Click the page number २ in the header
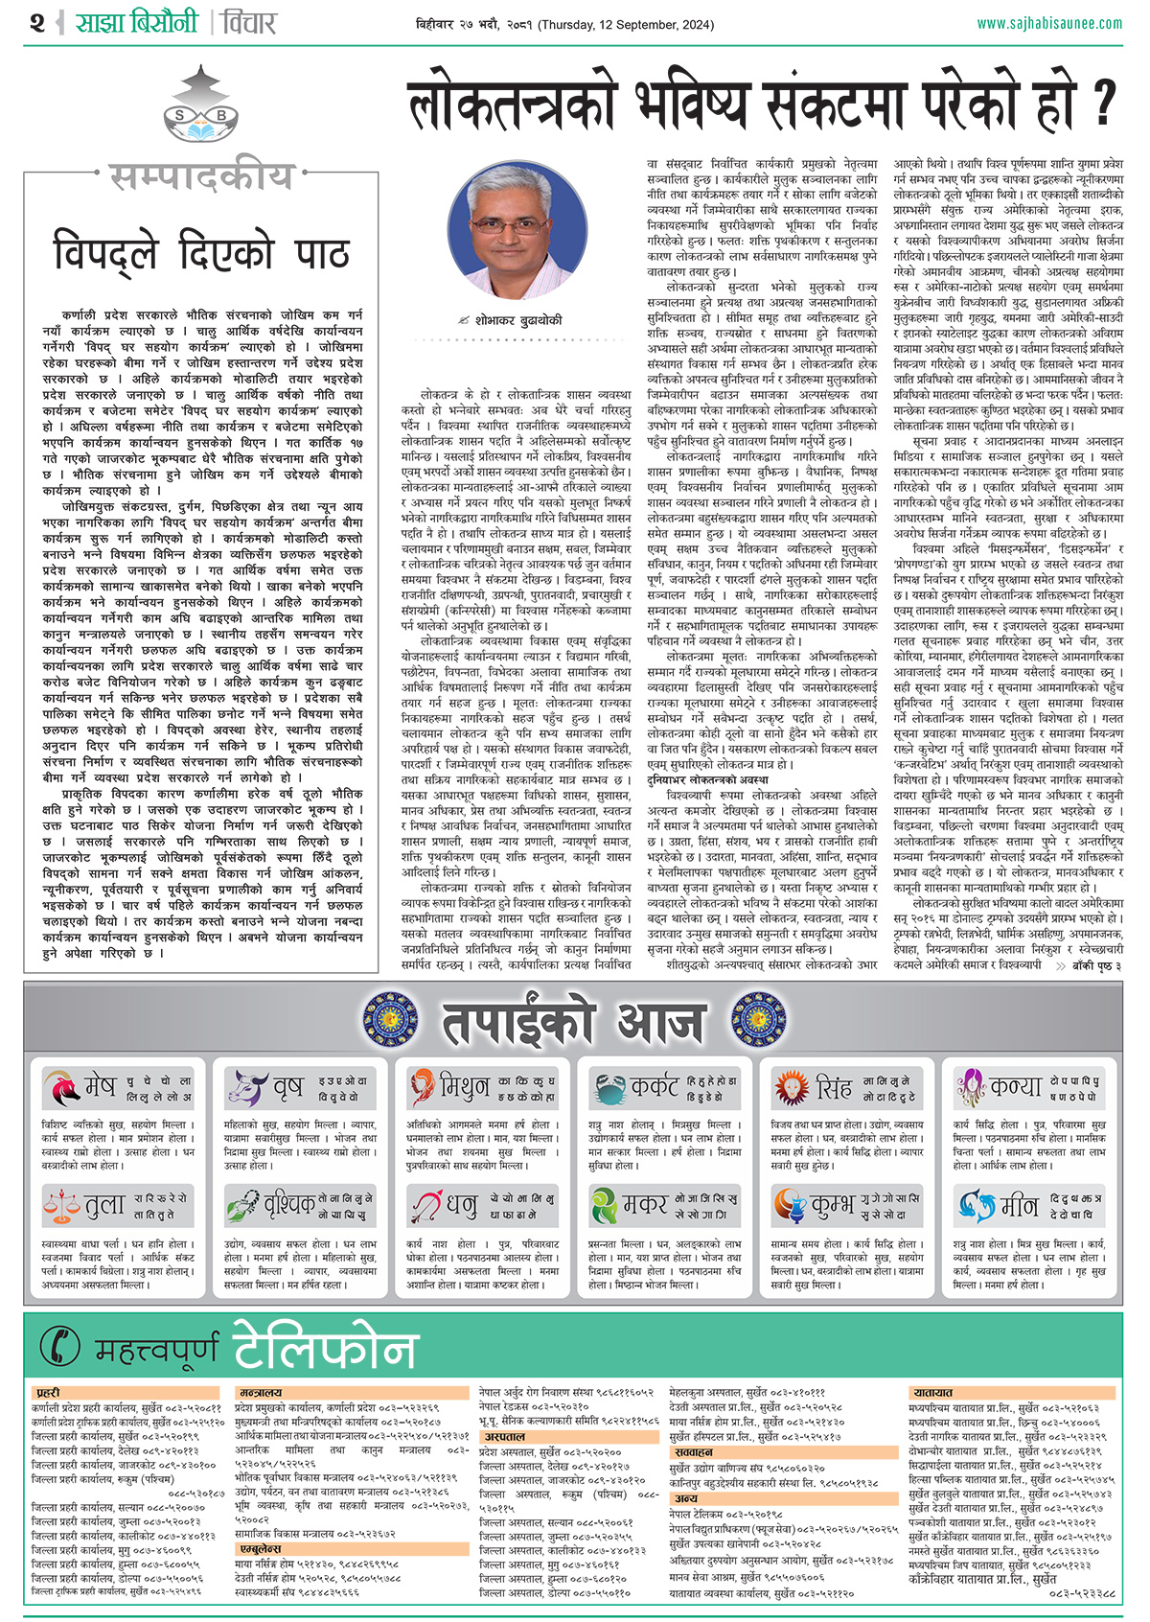coord(37,22)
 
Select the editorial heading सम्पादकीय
coord(200,176)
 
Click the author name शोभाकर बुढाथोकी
coord(518,320)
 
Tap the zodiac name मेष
coord(100,1086)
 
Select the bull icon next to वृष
coord(246,1087)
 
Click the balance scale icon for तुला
coord(61,1204)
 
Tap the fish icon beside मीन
coord(976,1204)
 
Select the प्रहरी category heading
coord(48,1392)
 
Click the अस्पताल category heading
coord(505,1437)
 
